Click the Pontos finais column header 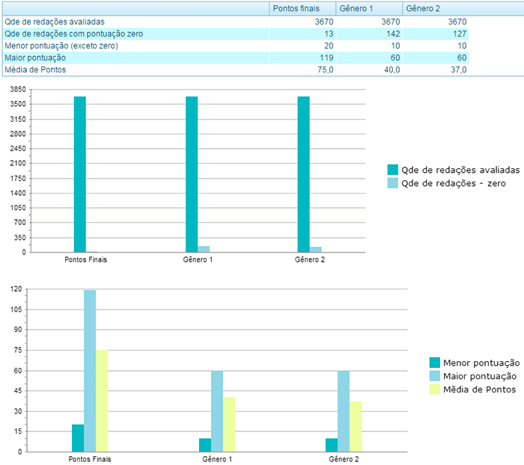(296, 8)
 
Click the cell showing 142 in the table (389, 34)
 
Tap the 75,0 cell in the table (323, 70)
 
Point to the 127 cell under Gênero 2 (457, 34)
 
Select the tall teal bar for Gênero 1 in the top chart (192, 174)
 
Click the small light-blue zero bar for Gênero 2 (316, 249)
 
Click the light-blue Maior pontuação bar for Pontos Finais (90, 371)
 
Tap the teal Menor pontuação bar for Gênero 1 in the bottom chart (204, 445)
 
